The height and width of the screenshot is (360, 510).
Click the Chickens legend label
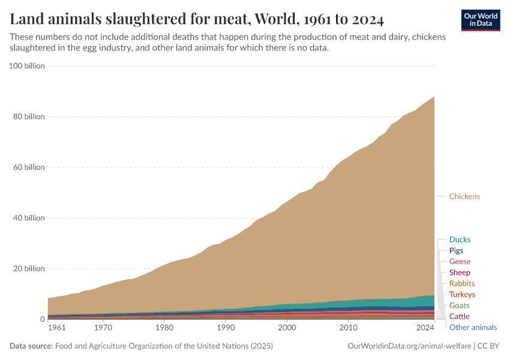point(464,196)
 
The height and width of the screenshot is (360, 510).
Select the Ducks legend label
point(460,239)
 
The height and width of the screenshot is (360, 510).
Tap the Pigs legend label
point(456,250)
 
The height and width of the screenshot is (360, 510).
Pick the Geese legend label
point(460,262)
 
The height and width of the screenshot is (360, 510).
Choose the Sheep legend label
point(460,272)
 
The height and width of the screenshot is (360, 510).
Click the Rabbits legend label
point(461,283)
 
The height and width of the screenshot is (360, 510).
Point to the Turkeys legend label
point(462,295)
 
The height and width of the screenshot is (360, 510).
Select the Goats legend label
point(459,305)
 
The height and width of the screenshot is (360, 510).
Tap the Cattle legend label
point(459,316)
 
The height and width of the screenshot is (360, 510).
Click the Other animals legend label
point(473,327)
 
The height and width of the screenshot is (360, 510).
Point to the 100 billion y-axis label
point(27,66)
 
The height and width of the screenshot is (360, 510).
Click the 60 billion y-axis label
point(28,167)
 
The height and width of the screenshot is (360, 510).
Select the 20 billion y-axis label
point(28,269)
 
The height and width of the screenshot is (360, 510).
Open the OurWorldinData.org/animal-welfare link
point(409,346)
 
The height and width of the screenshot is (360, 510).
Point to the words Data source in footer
point(30,346)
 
